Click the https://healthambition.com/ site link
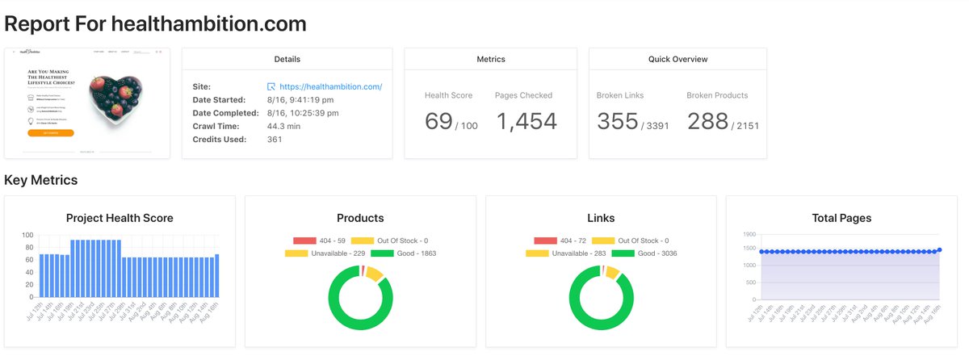pos(330,87)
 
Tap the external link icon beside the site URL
pos(271,87)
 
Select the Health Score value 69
pos(438,121)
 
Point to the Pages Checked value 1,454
pos(526,121)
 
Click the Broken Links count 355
pos(618,121)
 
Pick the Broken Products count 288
pos(708,121)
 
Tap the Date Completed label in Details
pos(225,113)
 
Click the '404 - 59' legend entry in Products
pos(319,241)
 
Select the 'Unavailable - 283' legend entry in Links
pos(560,253)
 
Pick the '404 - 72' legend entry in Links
pos(560,241)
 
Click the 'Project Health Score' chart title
pos(120,218)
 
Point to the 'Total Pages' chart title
pos(842,218)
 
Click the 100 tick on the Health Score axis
pos(27,236)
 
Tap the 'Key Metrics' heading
pos(41,180)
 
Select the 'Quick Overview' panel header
pos(677,59)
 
